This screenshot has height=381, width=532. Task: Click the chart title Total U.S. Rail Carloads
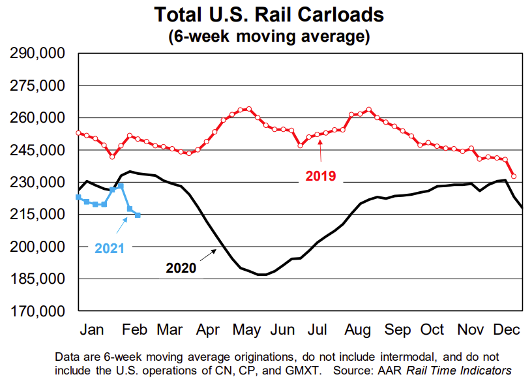[x=269, y=14]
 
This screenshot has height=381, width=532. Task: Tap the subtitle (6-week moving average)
[x=269, y=35]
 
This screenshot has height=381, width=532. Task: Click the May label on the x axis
[x=247, y=329]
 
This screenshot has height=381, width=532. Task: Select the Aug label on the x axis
[x=359, y=329]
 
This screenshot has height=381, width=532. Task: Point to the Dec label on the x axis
[x=506, y=329]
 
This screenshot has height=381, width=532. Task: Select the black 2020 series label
[x=181, y=267]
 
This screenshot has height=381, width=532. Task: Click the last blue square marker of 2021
[x=138, y=215]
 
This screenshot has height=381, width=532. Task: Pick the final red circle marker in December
[x=514, y=176]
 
